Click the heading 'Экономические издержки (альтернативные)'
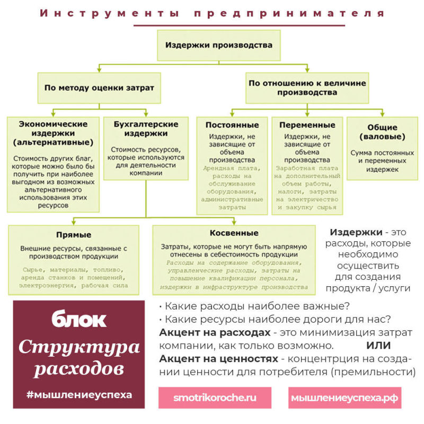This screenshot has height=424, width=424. click(54, 133)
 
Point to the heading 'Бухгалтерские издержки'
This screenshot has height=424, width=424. click(146, 129)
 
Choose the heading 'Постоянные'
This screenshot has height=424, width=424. click(232, 125)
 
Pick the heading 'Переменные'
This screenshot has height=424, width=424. click(307, 125)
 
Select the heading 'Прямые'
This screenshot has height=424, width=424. click(74, 234)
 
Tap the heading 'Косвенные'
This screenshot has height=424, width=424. click(234, 233)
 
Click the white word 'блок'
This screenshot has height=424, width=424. click(79, 320)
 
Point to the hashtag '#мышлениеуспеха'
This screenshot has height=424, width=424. click(79, 394)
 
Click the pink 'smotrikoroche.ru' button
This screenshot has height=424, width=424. click(215, 397)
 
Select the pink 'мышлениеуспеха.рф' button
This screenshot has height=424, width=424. click(344, 397)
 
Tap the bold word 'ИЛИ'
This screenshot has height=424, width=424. click(378, 346)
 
